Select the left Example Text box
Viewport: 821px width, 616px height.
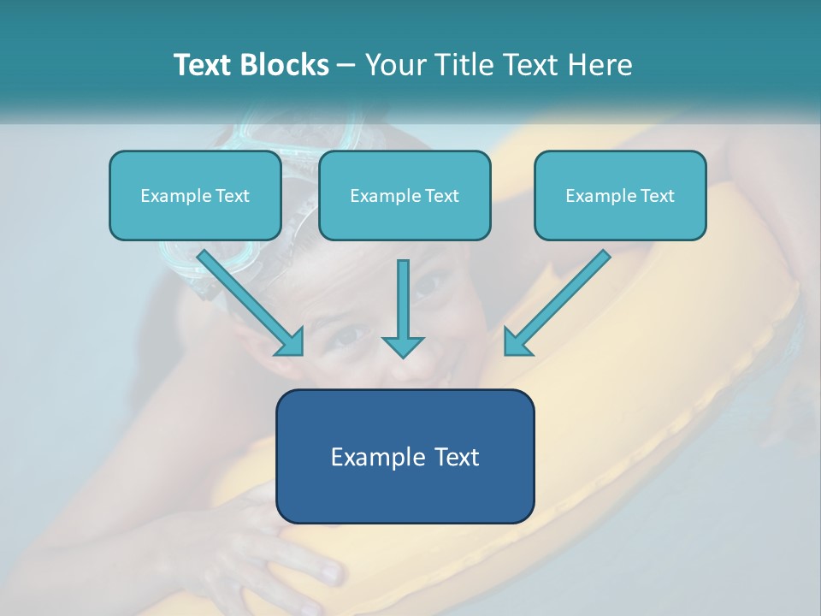[195, 196]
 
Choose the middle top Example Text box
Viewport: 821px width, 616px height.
[405, 196]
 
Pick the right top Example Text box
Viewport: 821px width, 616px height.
[620, 196]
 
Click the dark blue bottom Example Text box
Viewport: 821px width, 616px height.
[405, 457]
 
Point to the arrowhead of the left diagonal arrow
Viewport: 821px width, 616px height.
[291, 342]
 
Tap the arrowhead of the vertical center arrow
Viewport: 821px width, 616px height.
[403, 346]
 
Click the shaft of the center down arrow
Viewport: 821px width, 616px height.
[403, 295]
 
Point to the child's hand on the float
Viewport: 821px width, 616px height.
[291, 548]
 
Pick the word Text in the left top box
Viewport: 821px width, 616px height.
[233, 196]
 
